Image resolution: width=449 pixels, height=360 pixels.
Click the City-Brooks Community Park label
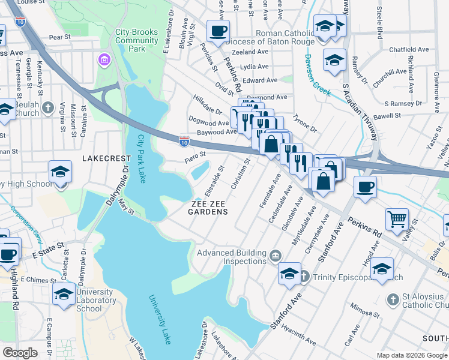coord(137,41)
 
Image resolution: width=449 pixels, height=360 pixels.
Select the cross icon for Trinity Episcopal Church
coord(304,277)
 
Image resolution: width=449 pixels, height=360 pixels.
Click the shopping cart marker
coord(397,219)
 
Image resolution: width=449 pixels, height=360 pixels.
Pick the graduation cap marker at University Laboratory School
coord(64,293)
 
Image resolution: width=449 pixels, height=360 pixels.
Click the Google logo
coord(20,352)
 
